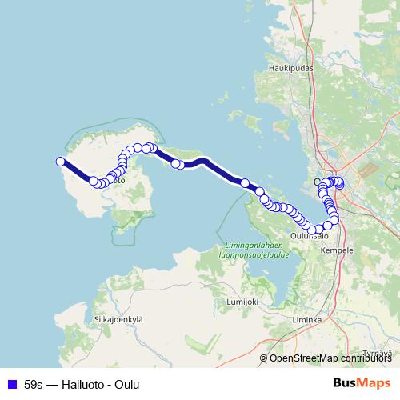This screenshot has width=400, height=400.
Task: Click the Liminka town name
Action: click(307, 319)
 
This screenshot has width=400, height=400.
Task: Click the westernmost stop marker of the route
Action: click(60, 162)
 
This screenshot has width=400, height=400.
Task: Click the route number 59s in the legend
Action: click(34, 382)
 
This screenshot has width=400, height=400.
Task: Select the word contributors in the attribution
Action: click(366, 358)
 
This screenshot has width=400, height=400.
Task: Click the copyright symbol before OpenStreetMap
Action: click(264, 358)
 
